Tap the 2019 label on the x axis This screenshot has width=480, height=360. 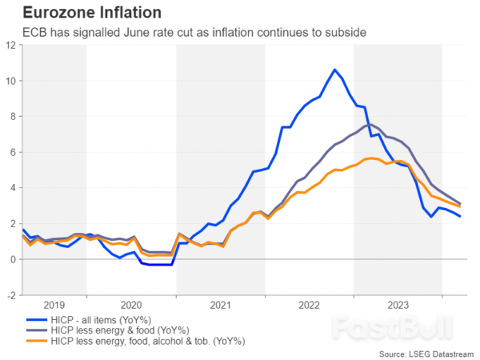(x=54, y=305)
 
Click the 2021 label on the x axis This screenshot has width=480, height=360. (x=220, y=305)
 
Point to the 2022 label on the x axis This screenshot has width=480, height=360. (x=309, y=305)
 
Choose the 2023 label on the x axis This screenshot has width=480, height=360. (x=398, y=305)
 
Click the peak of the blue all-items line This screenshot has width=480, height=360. (x=334, y=70)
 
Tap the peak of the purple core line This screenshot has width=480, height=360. (x=367, y=125)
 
